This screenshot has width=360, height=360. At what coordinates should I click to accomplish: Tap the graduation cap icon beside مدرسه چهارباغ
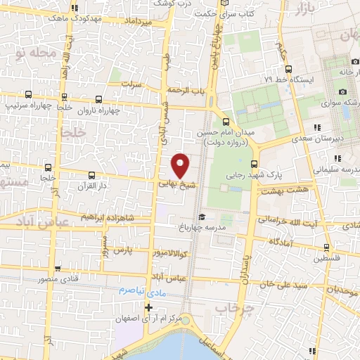(202, 217)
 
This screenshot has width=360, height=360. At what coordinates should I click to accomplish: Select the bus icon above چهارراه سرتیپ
(28, 94)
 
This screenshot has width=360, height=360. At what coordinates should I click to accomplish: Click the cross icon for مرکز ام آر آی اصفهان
(148, 308)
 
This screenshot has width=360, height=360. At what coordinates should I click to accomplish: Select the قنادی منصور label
(46, 278)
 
